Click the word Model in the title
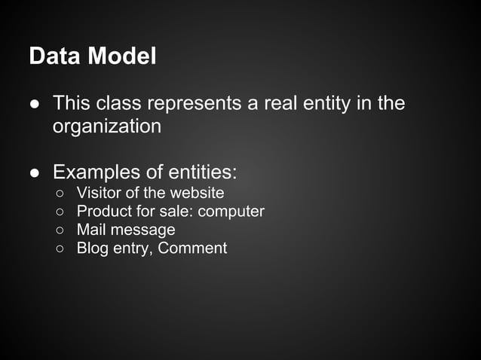pos(121,56)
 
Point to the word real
pos(281,103)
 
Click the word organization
pos(106,126)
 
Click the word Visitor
pos(100,193)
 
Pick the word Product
pos(105,211)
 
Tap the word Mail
pos(90,230)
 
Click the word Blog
pos(92,248)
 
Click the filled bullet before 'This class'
pos(35,104)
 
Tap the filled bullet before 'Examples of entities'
pos(35,173)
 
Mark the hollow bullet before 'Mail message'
pos(60,230)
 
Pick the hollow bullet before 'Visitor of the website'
pos(60,194)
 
